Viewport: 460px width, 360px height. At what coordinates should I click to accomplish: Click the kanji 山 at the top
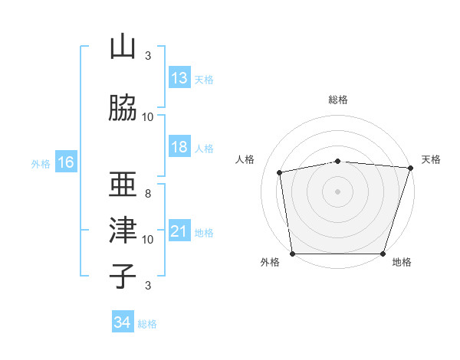(123, 47)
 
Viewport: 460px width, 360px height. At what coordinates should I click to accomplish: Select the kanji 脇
(123, 108)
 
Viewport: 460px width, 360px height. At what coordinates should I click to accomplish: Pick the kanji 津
(123, 230)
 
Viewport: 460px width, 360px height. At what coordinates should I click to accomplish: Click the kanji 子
(123, 275)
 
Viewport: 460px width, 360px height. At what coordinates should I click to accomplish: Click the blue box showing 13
(179, 78)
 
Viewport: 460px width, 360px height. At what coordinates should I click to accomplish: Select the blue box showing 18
(179, 147)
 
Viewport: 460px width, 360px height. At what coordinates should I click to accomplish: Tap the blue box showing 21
(179, 231)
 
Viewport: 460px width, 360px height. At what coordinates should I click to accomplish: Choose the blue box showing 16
(65, 162)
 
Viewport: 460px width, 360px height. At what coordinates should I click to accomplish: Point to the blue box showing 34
(122, 322)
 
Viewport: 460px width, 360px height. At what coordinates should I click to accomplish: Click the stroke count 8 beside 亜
(147, 193)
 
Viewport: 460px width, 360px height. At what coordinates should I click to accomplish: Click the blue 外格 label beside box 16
(40, 163)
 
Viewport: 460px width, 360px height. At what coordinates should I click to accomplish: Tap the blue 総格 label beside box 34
(147, 323)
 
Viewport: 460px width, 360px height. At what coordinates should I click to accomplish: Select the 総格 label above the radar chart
(338, 100)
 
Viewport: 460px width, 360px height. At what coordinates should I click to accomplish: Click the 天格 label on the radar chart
(432, 159)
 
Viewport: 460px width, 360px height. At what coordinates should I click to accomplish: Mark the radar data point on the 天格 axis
(410, 168)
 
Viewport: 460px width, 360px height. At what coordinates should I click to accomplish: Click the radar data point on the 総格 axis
(338, 161)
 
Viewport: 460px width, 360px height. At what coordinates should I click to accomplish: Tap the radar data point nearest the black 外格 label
(292, 254)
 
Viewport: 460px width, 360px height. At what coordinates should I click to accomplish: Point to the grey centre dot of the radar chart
(338, 191)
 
